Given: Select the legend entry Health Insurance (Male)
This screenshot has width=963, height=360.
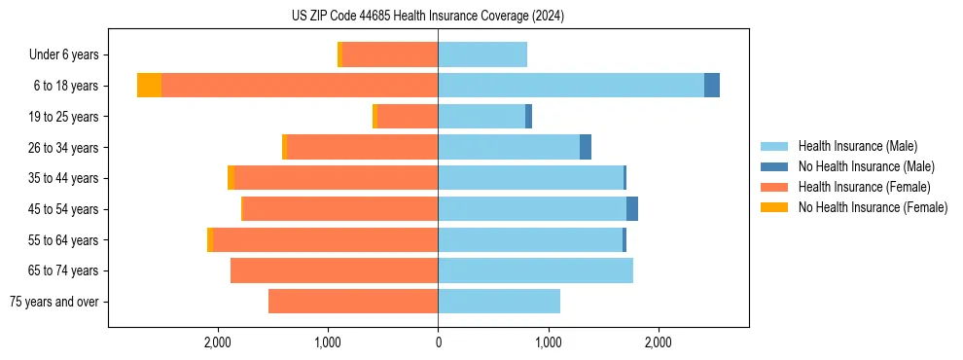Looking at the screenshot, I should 857,146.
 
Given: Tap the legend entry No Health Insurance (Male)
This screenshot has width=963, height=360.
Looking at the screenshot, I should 866,166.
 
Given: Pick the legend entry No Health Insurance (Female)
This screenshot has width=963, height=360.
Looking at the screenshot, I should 873,207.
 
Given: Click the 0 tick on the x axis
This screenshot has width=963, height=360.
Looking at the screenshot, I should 438,342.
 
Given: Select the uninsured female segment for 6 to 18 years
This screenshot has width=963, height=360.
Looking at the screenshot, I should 149,86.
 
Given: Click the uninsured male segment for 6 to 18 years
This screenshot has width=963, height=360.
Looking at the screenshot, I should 712,86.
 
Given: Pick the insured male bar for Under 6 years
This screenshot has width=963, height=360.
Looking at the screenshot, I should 482,54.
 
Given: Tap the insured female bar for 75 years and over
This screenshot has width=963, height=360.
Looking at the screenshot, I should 353,302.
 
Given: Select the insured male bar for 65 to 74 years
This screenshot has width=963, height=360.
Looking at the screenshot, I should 535,270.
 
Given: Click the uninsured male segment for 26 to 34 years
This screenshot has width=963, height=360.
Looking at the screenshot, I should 586,147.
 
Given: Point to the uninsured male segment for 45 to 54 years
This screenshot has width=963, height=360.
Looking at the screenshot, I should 632,209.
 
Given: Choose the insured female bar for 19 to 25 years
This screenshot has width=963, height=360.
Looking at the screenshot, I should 407,117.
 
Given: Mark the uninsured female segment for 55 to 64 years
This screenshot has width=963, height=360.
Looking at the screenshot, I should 210,239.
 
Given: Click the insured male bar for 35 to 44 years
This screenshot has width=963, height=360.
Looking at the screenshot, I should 530,178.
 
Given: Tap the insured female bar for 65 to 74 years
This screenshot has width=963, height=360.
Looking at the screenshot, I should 334,270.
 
